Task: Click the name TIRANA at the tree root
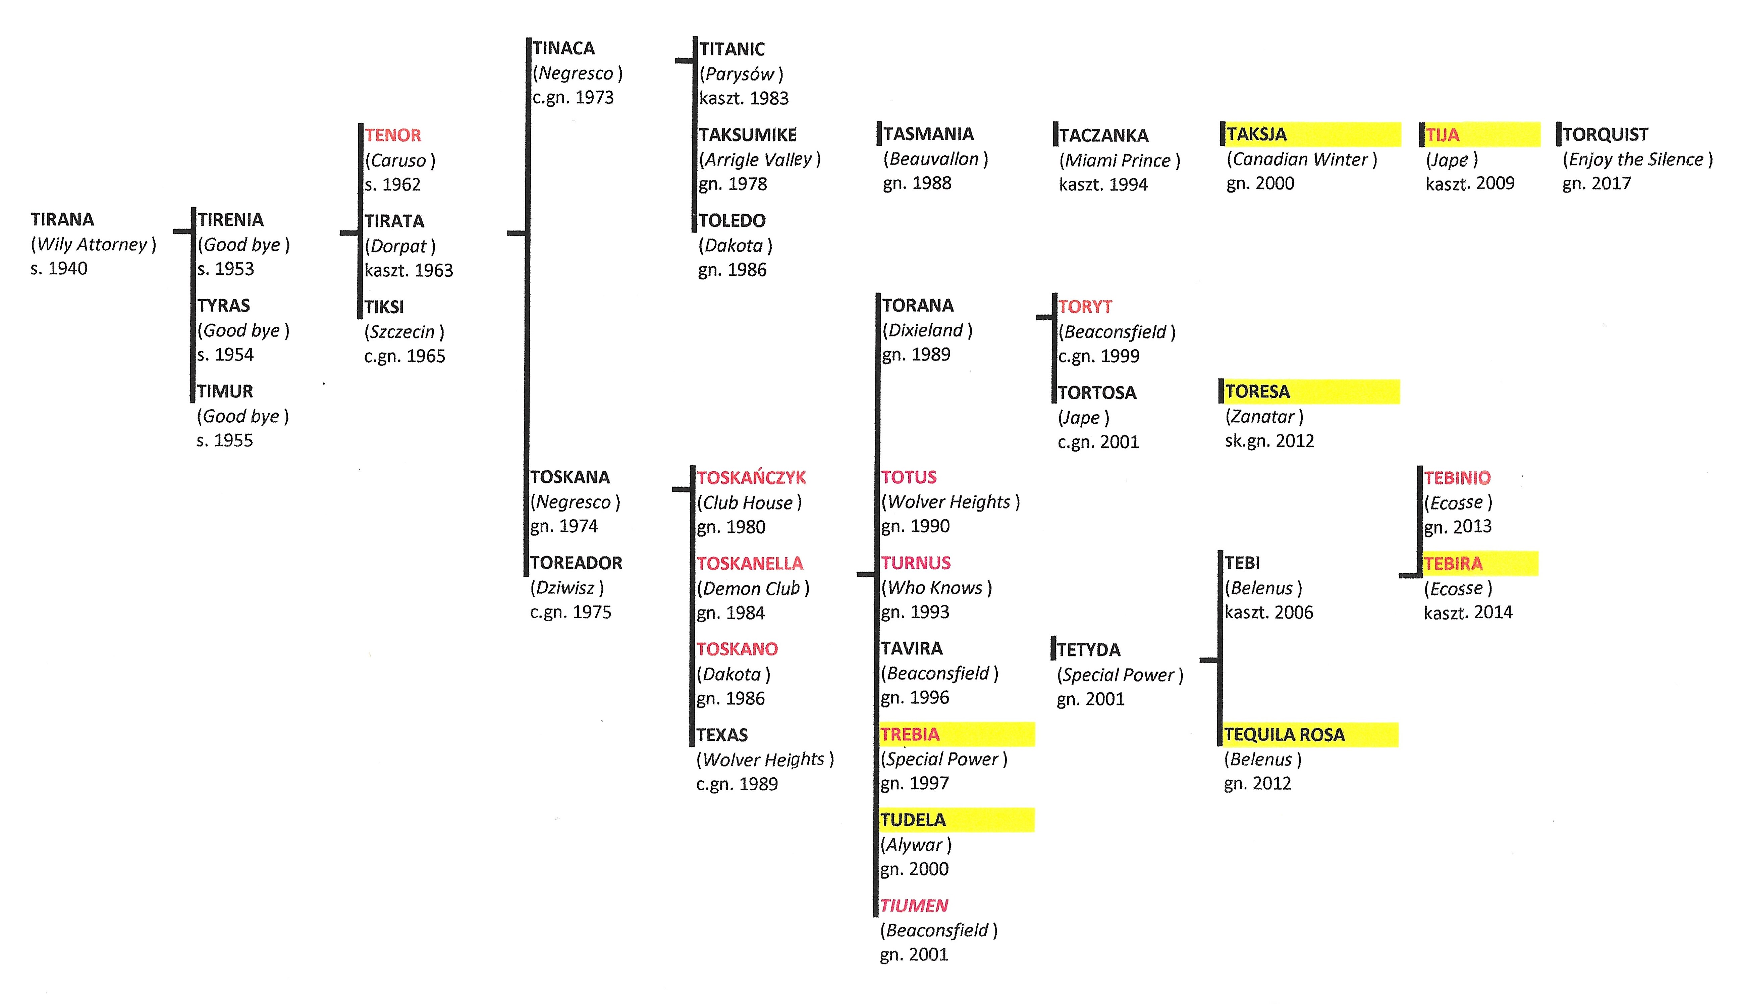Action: click(62, 219)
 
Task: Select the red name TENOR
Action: click(393, 135)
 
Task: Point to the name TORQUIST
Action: click(1605, 135)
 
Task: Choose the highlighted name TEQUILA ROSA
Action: click(1284, 734)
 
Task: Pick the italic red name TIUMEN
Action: click(914, 905)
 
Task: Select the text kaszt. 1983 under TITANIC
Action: click(744, 98)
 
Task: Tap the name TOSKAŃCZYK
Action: click(751, 477)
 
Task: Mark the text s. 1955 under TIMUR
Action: click(225, 440)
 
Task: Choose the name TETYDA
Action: click(1088, 649)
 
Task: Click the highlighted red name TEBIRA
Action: click(1453, 563)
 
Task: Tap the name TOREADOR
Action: click(576, 563)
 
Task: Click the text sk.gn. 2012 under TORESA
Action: click(1270, 441)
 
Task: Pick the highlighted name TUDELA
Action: click(913, 820)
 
